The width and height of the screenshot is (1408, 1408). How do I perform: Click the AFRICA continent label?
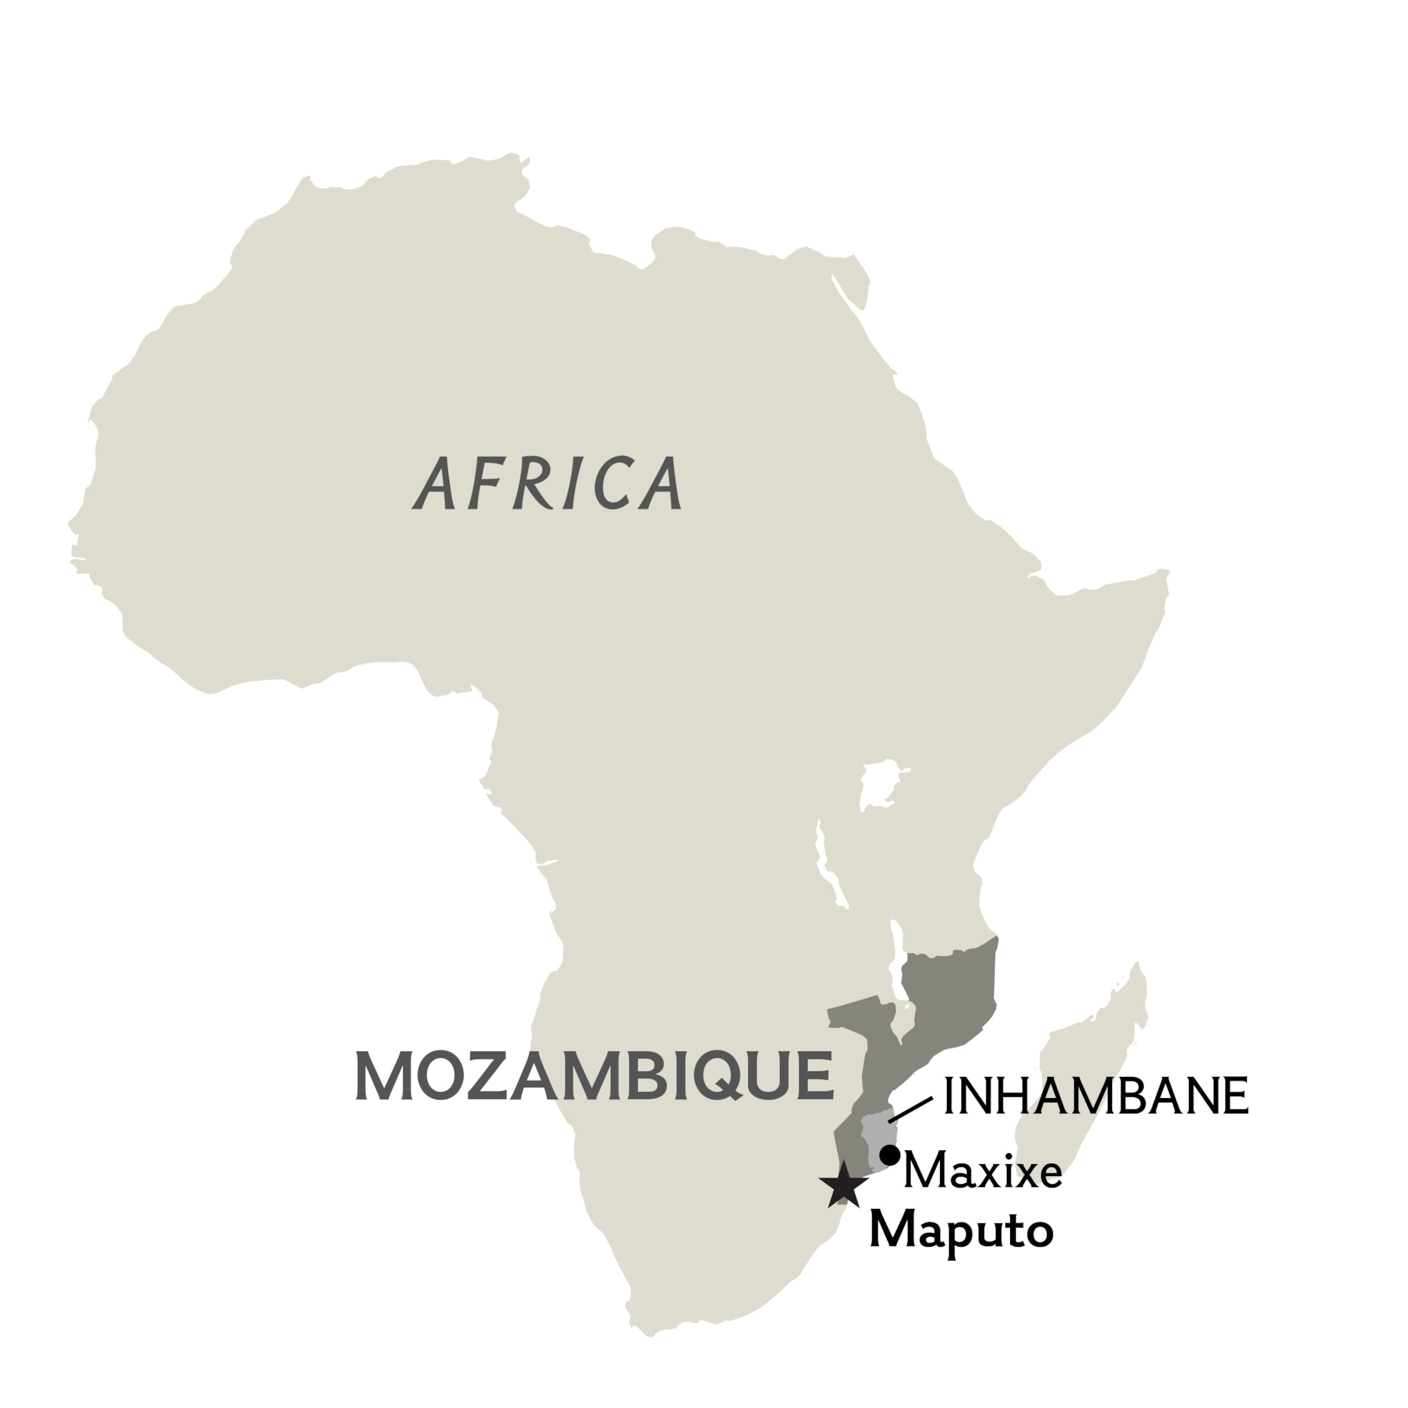click(548, 483)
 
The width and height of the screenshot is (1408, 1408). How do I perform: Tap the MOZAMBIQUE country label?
click(594, 1077)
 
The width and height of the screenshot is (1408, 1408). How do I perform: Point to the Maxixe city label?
click(982, 1172)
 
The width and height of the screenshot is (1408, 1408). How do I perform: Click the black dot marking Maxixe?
click(889, 1155)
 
